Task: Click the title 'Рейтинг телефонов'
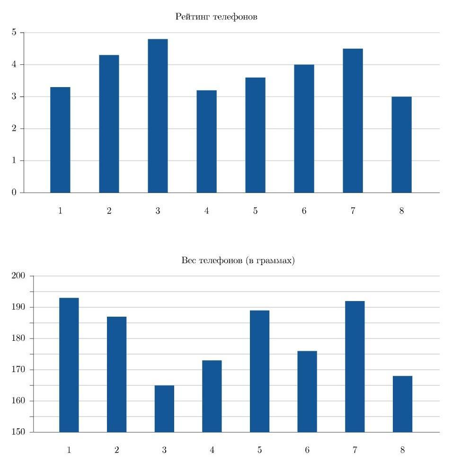point(216,17)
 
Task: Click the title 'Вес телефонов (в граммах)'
point(238,260)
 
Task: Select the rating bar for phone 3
point(158,116)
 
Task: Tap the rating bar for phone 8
point(401,144)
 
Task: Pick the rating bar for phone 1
point(60,140)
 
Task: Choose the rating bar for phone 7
point(353,121)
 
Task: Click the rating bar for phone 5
point(255,135)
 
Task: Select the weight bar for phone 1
point(69,365)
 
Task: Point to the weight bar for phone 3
point(164,409)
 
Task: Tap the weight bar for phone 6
point(307,391)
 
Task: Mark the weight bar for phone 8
point(402,404)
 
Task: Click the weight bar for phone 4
point(212,396)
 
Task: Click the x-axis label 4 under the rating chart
point(206,211)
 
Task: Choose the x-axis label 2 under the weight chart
point(116,450)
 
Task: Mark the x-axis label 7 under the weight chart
point(355,450)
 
